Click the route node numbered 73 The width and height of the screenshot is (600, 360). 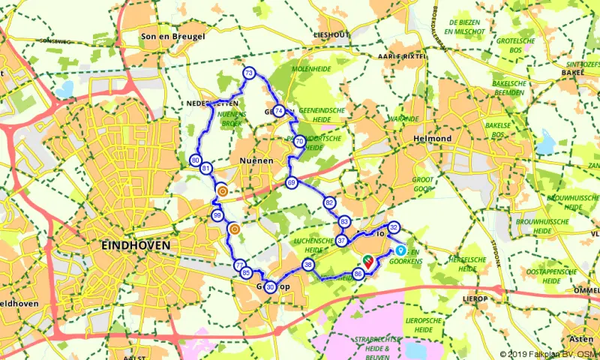point(249,73)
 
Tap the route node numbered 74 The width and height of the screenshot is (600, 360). point(279,112)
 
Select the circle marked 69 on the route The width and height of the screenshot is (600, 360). point(292,182)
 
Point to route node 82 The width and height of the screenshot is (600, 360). point(329,203)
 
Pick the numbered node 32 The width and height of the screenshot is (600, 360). point(394,228)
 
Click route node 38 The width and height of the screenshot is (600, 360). point(308,265)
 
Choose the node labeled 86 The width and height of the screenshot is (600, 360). point(358,274)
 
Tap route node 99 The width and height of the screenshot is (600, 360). point(217,216)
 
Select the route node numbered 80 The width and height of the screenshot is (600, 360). point(196,160)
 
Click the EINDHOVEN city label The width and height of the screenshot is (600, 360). point(135,245)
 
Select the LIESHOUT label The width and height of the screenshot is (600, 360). point(331,35)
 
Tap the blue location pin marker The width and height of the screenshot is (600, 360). point(400,251)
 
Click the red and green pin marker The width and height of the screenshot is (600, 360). point(368,260)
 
